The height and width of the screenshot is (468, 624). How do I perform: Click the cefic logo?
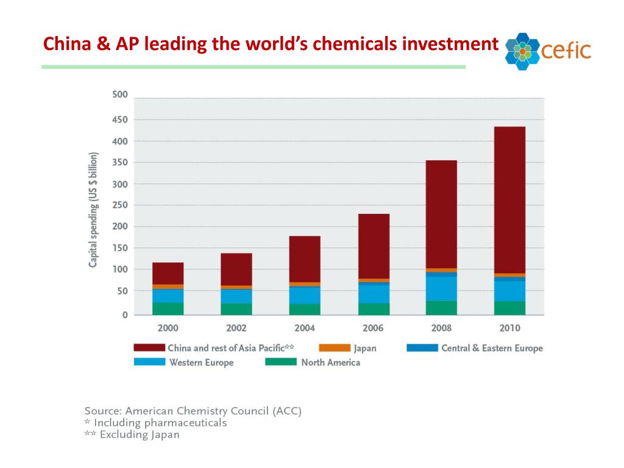pos(548,51)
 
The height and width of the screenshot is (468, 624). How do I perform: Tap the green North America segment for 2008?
pos(441,308)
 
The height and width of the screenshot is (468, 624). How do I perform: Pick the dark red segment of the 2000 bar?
pos(168,273)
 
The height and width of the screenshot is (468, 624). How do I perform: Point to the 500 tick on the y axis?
pos(120,94)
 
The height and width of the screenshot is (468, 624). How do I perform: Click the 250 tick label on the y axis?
pos(120,205)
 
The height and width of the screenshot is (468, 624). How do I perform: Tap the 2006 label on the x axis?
pos(373,328)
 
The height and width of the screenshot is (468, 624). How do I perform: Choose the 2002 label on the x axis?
pos(236,328)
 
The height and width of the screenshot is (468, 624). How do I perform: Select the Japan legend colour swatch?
pos(334,348)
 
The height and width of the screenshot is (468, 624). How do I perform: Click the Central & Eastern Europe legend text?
pos(492,348)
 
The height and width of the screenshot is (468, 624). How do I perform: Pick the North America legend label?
pos(330,363)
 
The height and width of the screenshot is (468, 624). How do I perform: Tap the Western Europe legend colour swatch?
pos(149,362)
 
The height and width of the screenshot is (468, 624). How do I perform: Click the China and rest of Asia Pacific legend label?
pos(231,348)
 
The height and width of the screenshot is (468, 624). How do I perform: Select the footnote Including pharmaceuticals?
pos(155,423)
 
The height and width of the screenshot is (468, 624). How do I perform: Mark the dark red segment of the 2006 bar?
pos(373,246)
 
